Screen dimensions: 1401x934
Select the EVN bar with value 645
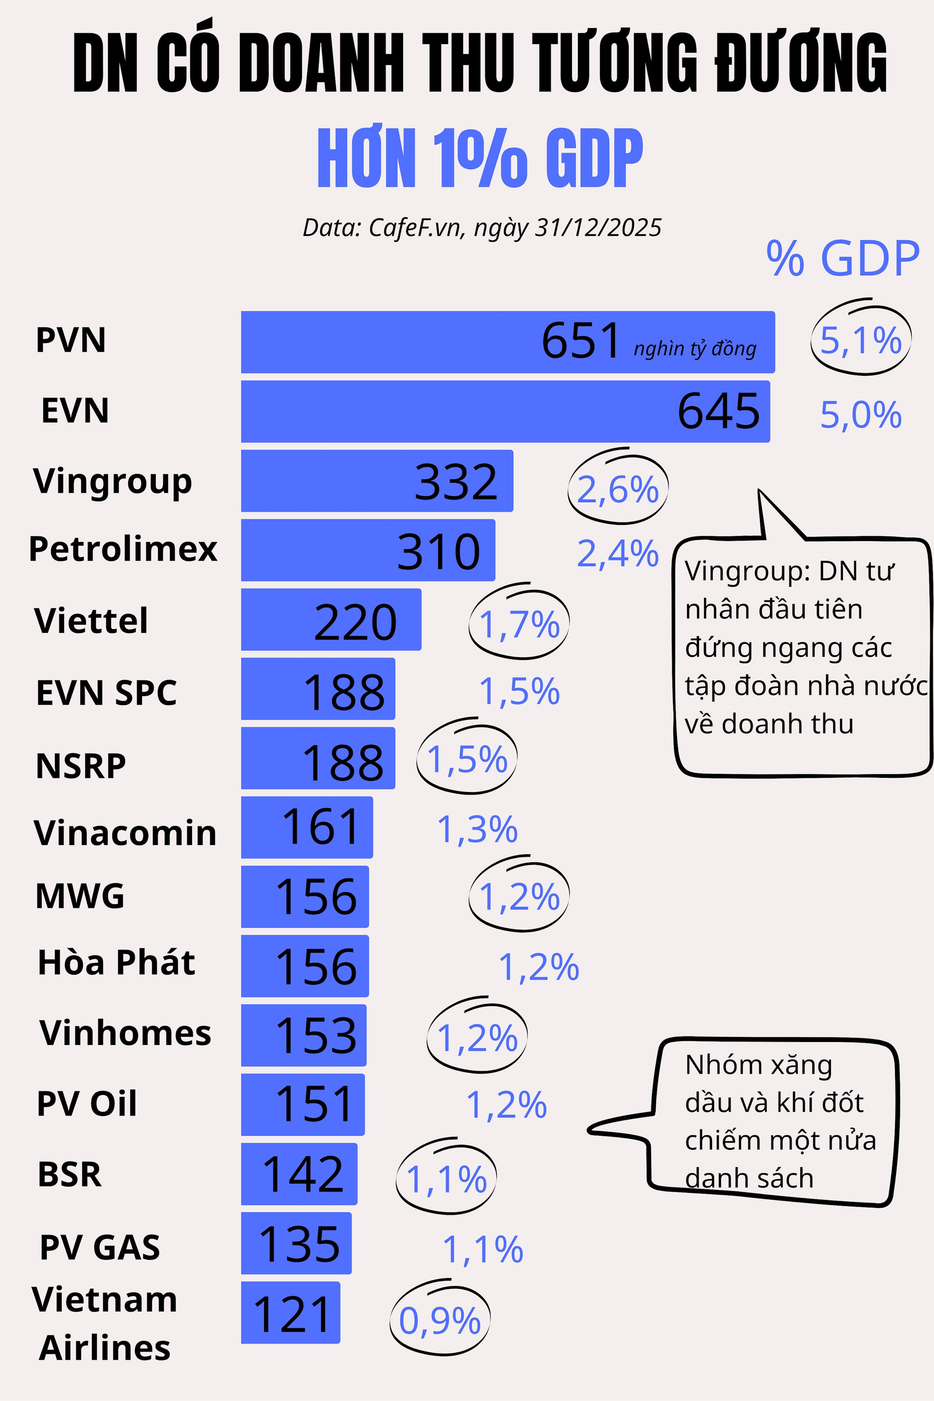click(x=505, y=412)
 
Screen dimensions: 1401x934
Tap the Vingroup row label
click(x=112, y=481)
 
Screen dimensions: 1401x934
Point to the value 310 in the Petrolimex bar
click(x=438, y=552)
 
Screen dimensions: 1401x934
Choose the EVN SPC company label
click(x=106, y=692)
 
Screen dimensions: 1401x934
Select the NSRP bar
click(x=318, y=758)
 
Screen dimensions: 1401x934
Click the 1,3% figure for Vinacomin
click(x=477, y=829)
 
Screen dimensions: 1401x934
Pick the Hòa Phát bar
click(x=305, y=966)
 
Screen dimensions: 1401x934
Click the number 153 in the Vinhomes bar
click(x=316, y=1036)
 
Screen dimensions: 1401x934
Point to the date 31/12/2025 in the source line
click(x=598, y=228)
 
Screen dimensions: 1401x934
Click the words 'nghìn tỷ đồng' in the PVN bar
click(x=695, y=348)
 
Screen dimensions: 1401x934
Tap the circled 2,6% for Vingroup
click(x=618, y=490)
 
